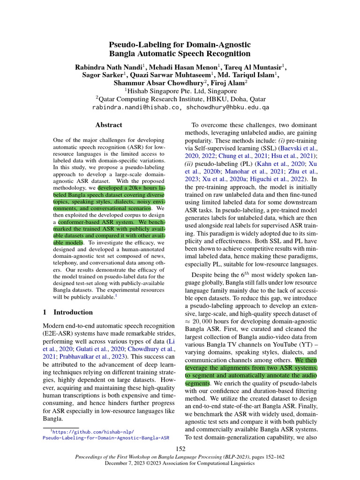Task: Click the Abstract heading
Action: [109, 125]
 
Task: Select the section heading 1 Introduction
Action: [67, 312]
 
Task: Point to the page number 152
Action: [180, 449]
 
